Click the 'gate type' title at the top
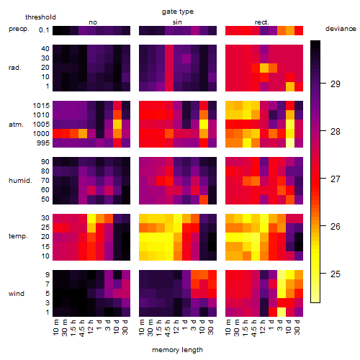click(178, 12)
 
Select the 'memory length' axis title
click(177, 350)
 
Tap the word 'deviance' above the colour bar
click(341, 29)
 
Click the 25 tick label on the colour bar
click(336, 274)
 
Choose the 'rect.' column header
click(262, 22)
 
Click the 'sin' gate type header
click(177, 22)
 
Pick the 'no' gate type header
click(93, 22)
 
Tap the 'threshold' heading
click(40, 17)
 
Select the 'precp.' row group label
click(19, 29)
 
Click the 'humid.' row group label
click(20, 181)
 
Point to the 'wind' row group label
click(17, 294)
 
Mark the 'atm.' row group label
click(16, 125)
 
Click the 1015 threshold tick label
click(41, 106)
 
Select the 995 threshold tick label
click(43, 143)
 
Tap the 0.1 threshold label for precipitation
click(44, 30)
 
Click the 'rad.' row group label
click(15, 68)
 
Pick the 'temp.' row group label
click(18, 236)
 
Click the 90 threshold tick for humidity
click(45, 162)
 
